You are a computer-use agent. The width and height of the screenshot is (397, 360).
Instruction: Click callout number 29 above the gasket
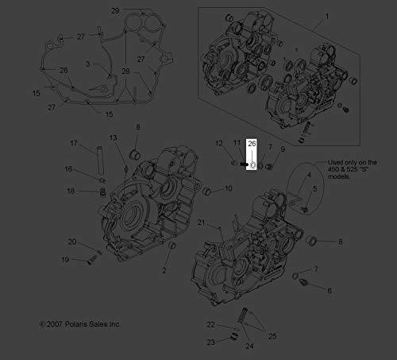coord(115,11)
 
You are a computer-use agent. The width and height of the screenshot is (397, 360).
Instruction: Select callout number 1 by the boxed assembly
coord(327,17)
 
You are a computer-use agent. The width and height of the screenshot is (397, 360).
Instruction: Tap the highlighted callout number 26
coord(252,143)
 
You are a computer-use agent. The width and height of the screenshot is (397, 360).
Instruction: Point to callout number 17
coord(74,143)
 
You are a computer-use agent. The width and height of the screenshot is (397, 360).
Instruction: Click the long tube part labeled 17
coord(100,161)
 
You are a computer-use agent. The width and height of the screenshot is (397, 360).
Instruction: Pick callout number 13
coord(113,137)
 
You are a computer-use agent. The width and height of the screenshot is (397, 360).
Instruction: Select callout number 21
coord(201,223)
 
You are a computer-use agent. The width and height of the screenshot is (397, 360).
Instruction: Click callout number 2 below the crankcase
coord(164,270)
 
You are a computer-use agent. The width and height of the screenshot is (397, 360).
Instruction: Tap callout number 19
coord(65,260)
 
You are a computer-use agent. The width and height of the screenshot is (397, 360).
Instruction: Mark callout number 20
coord(72,242)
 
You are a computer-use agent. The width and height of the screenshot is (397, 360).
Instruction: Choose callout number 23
coord(210,343)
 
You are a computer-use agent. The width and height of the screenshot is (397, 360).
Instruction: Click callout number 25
coord(272,336)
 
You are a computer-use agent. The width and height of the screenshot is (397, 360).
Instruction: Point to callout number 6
coord(330,291)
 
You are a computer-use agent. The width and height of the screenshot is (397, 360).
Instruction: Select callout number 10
coord(229,188)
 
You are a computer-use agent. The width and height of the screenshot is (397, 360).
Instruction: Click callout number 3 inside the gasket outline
coord(88,64)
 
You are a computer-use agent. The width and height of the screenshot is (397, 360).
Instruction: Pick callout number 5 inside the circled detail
coord(315,189)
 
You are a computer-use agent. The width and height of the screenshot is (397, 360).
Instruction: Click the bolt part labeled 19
coord(91,260)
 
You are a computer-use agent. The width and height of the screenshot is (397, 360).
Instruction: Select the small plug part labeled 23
coord(234,336)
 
